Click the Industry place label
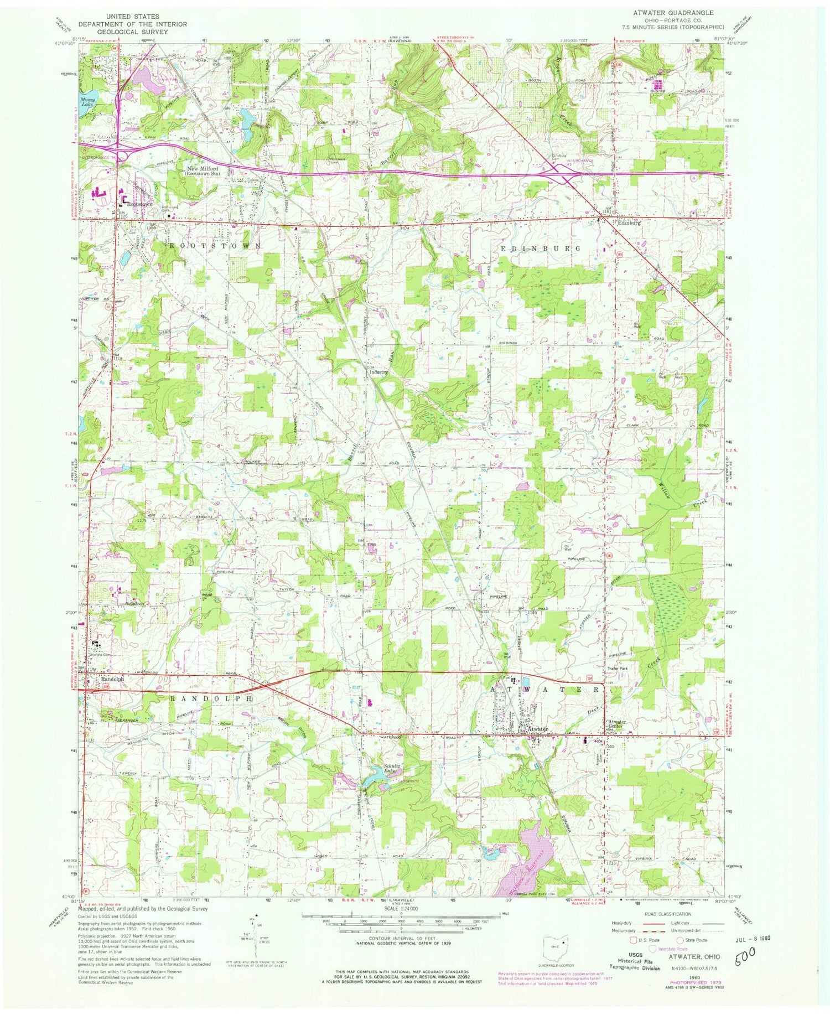point(380,372)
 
